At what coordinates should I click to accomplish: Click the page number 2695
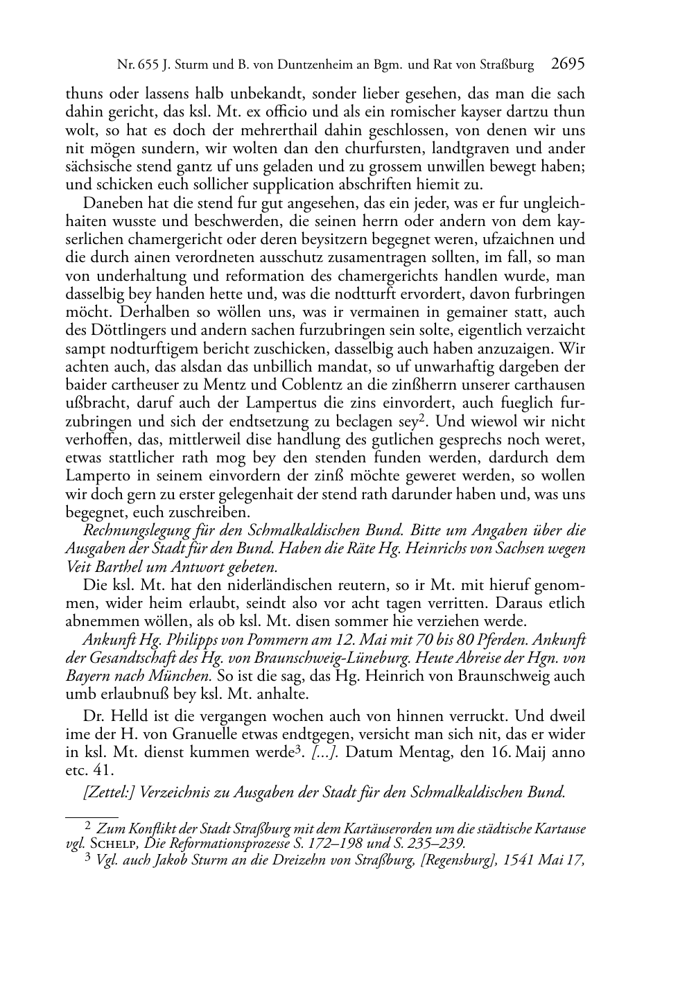568,64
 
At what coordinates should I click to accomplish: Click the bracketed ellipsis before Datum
324,752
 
